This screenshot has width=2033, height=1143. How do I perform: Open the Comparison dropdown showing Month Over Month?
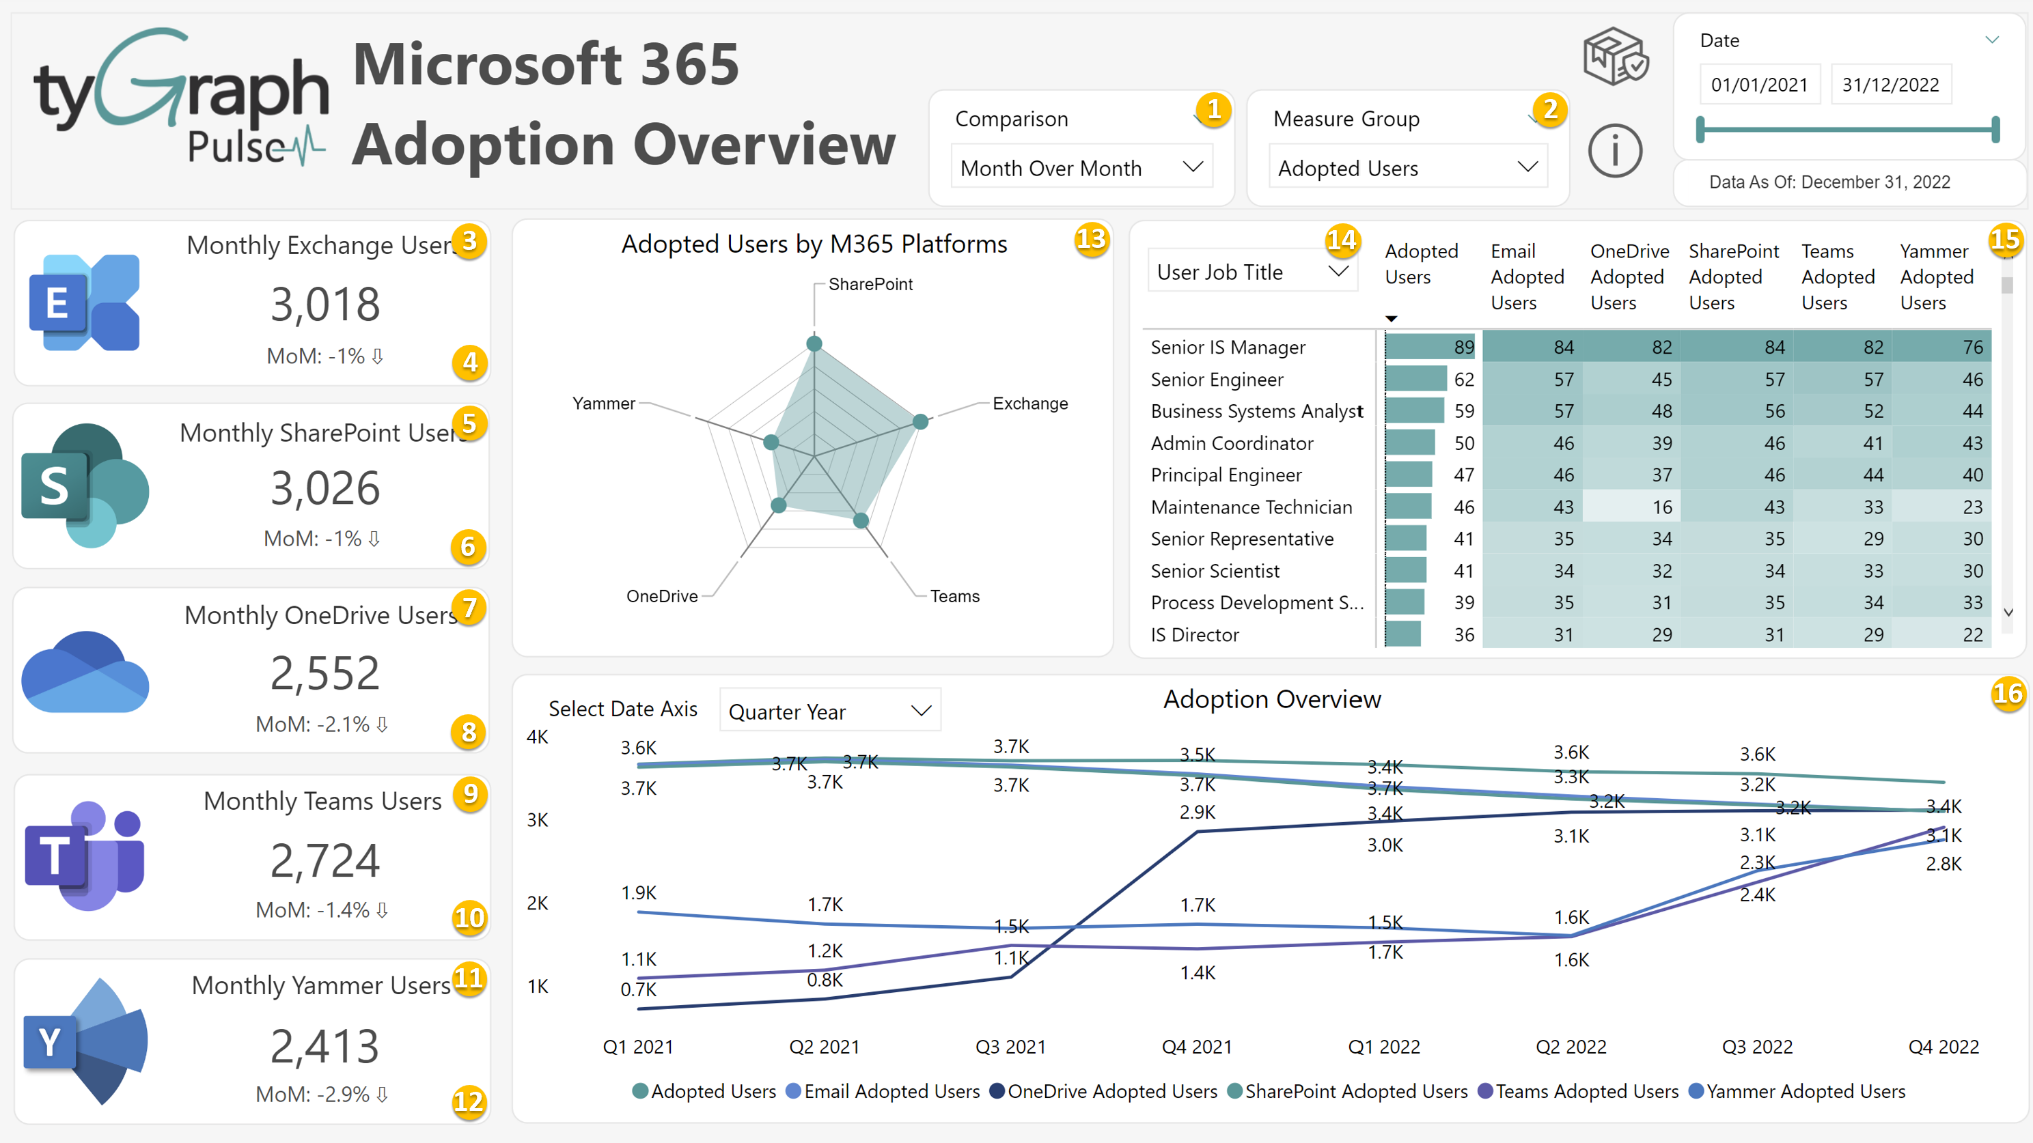coord(1081,167)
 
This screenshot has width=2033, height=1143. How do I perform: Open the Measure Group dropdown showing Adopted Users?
coord(1407,167)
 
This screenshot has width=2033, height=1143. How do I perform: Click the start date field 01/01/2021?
coord(1758,85)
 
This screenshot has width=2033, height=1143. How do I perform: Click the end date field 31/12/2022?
coord(1890,85)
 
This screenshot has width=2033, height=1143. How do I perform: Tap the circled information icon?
coord(1615,151)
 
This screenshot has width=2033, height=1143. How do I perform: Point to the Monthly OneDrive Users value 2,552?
coord(324,673)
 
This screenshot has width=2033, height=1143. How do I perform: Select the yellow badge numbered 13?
coord(1092,239)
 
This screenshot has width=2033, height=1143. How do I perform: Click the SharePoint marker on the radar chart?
coord(814,344)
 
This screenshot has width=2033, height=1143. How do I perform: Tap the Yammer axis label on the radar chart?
coord(603,403)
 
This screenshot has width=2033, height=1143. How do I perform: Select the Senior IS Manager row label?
coord(1227,347)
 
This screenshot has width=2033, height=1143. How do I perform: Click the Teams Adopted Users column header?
coord(1836,277)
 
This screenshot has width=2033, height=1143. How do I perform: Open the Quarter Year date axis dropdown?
coord(829,711)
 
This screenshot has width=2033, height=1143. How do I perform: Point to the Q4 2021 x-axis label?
coord(1196,1047)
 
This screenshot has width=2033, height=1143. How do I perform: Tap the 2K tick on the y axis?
coord(538,903)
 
